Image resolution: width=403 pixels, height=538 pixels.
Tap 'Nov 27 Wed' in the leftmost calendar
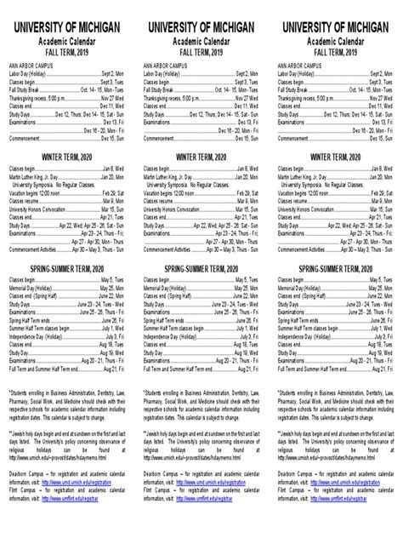coord(109,98)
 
